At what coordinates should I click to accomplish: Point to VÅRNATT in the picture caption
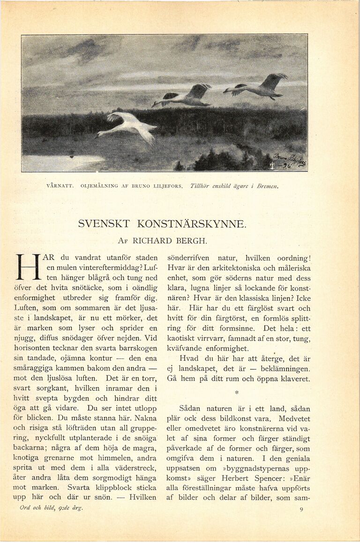point(60,186)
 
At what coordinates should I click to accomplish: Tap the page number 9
point(301,509)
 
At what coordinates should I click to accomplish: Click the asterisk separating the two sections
point(237,391)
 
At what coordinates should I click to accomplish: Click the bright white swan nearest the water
point(129,126)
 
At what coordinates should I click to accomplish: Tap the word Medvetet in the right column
point(292,419)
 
